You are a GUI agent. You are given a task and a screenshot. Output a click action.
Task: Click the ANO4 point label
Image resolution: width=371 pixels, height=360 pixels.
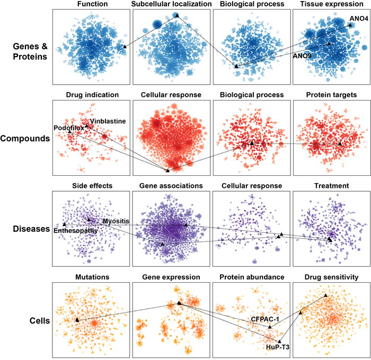point(358,19)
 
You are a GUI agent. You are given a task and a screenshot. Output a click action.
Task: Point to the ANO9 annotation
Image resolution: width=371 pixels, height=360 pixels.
point(302,55)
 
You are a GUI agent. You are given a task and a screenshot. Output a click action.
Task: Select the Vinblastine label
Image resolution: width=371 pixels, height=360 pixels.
point(108,121)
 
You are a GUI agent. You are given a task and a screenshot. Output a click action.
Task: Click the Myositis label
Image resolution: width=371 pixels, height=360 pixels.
point(116,221)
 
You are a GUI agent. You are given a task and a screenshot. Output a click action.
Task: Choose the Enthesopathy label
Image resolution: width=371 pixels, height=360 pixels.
point(75,231)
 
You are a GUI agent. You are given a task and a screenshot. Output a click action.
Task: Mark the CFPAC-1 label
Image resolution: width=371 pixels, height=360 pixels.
point(265,319)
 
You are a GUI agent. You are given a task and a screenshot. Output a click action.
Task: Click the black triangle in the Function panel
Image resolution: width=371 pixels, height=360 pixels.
point(125,47)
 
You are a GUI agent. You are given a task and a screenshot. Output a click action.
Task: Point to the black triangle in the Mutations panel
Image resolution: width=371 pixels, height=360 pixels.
point(77,320)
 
